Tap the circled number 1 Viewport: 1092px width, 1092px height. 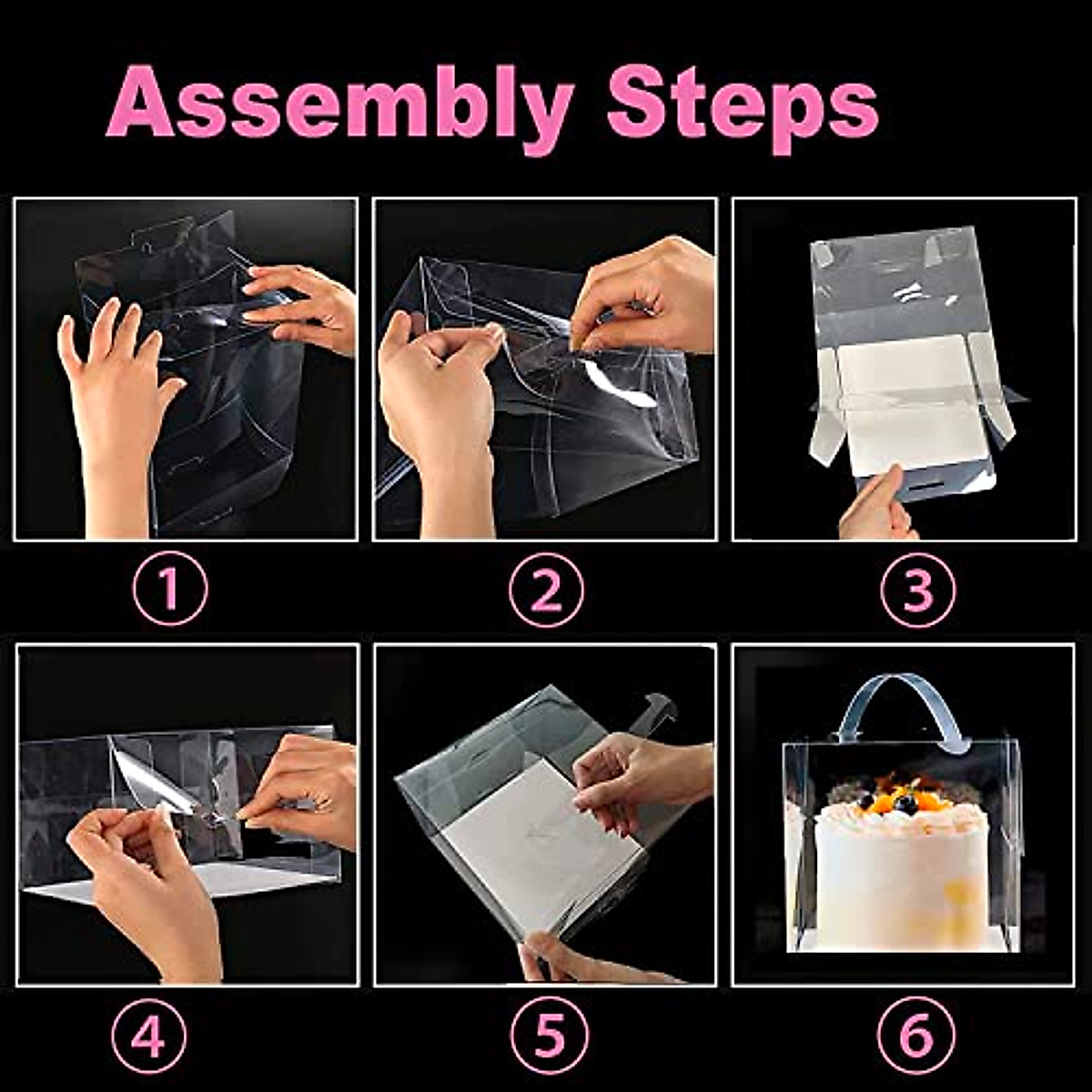click(x=170, y=588)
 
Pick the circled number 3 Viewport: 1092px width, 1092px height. click(x=917, y=591)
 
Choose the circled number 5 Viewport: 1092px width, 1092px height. click(x=549, y=1036)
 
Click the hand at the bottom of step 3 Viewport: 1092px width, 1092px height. click(x=875, y=510)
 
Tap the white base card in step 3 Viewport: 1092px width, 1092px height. click(x=910, y=405)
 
